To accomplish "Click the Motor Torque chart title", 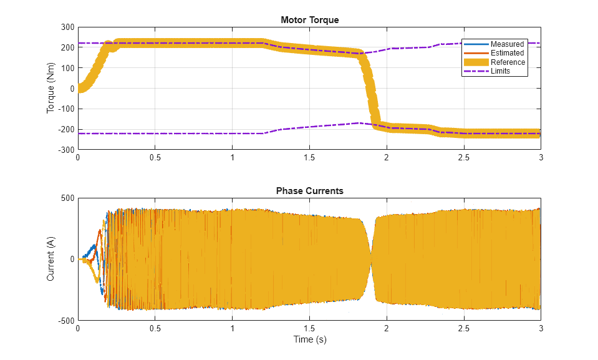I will click(x=309, y=20).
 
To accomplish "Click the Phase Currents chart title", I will click(x=309, y=191).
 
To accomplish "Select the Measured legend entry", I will click(x=507, y=44).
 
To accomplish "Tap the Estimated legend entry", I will click(x=507, y=53).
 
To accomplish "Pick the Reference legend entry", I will click(x=508, y=62).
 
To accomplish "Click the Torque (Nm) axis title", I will click(x=51, y=89).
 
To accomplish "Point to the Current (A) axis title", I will click(x=51, y=259).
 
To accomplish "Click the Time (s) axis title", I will click(x=309, y=340).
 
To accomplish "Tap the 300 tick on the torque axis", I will click(x=67, y=27).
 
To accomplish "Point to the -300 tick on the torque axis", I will click(x=65, y=150).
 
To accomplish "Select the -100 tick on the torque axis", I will click(x=65, y=109).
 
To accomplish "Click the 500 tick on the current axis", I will click(x=67, y=198).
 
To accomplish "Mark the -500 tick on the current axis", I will click(x=65, y=321).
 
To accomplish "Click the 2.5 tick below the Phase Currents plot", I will click(x=463, y=329).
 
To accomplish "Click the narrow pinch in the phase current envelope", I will click(x=372, y=253).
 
